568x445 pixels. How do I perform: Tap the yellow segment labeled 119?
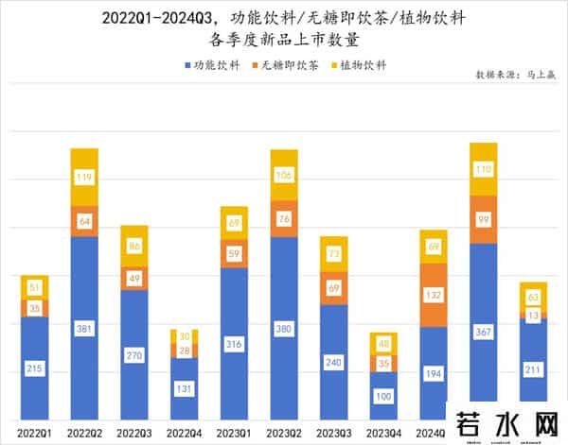84,177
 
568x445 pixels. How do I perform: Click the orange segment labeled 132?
433,295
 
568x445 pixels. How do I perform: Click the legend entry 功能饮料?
210,65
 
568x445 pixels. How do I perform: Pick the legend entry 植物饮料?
360,65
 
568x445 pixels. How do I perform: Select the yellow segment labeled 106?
283,175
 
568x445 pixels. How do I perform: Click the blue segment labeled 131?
184,388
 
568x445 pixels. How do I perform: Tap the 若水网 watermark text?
506,425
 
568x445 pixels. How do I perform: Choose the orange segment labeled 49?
134,278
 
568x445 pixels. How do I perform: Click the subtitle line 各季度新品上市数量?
283,40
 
